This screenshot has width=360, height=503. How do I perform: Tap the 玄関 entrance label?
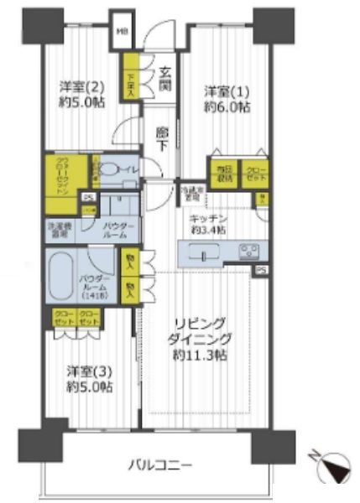click(164, 79)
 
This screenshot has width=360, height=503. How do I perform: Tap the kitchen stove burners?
click(249, 250)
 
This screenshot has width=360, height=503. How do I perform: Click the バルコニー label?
click(160, 464)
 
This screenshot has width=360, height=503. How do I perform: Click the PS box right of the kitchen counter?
click(261, 270)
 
